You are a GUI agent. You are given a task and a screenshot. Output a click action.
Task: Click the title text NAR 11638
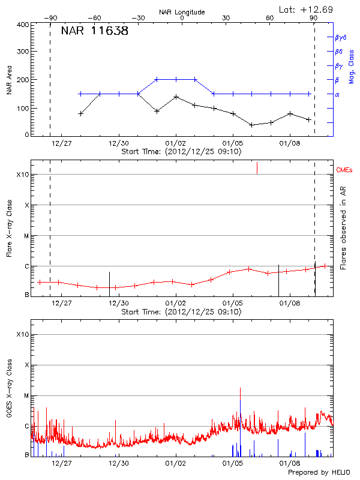tap(94, 31)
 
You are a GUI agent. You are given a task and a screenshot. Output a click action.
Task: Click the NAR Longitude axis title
tap(182, 11)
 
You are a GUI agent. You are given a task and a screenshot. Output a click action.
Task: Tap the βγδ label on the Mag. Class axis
tap(340, 37)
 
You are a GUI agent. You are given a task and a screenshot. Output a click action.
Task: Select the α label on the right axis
tap(337, 94)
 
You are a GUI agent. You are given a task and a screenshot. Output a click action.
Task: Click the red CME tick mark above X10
tap(257, 167)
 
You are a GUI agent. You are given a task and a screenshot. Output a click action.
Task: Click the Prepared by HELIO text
tap(318, 473)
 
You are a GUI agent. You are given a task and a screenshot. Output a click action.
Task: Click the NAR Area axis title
tap(9, 79)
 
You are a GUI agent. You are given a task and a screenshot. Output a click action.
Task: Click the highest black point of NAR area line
tap(176, 97)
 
